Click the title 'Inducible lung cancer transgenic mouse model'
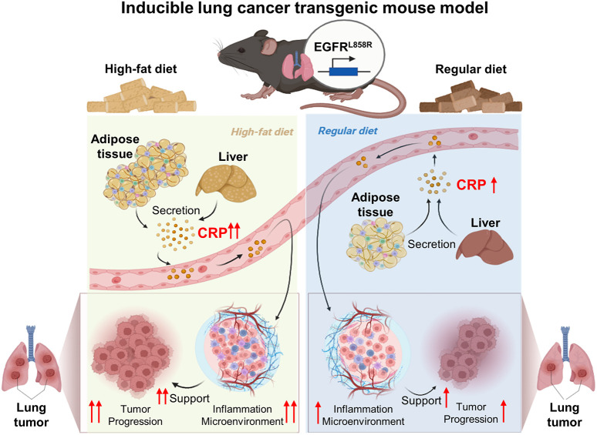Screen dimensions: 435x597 (298, 12)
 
